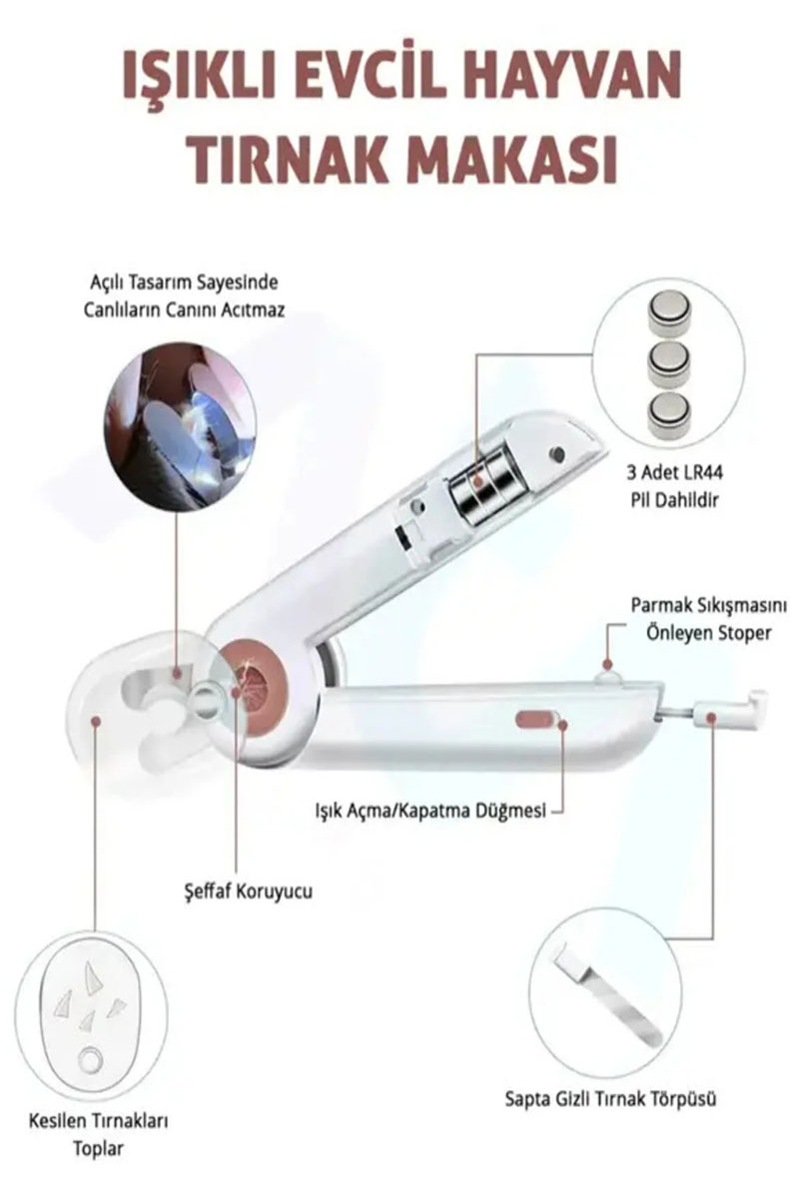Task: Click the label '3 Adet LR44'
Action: (675, 473)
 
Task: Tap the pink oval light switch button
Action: (536, 718)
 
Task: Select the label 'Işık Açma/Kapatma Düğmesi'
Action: (430, 811)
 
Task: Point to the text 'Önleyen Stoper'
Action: (708, 632)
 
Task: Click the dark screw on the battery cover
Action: (556, 454)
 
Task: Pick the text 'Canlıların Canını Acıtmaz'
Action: (184, 309)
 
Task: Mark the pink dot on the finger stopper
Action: (607, 664)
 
